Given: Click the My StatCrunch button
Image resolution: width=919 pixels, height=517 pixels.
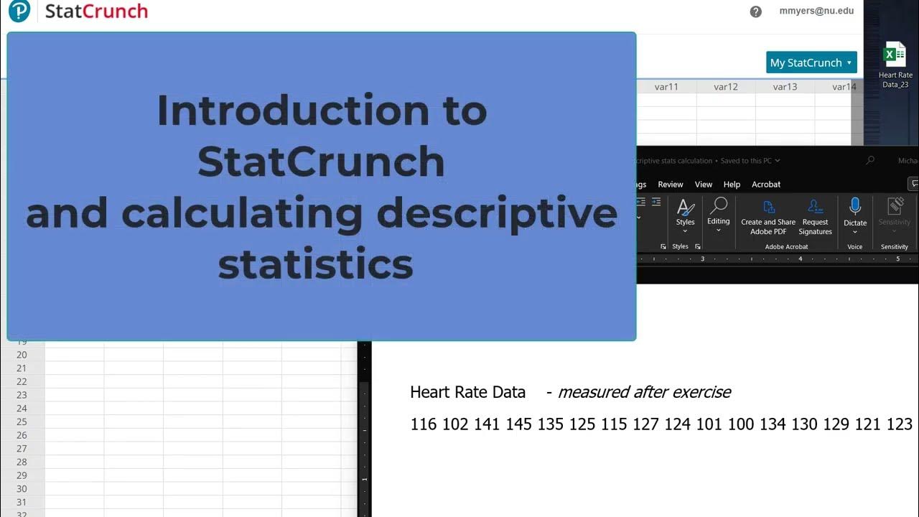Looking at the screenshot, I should (x=811, y=62).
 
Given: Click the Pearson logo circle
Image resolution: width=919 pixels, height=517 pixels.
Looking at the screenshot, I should (x=19, y=11).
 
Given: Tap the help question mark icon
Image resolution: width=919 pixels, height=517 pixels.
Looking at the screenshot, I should (x=755, y=11).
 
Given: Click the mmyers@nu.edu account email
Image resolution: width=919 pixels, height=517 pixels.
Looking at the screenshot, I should (x=816, y=11).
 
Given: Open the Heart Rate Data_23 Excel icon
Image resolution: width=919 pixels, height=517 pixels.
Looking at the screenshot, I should (x=895, y=56).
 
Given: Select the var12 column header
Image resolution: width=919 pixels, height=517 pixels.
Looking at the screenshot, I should (x=726, y=87).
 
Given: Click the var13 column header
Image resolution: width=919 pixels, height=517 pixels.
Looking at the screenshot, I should (x=785, y=87).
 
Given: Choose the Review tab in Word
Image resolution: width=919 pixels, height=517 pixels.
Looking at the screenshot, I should (x=671, y=185).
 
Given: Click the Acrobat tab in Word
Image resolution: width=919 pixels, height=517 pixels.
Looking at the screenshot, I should (x=766, y=185).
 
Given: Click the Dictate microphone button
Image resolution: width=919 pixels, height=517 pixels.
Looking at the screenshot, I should (x=854, y=213).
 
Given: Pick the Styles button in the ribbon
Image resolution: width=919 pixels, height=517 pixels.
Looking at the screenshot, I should (x=685, y=213).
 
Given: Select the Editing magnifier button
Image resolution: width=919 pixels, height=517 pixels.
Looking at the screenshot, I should (x=718, y=213).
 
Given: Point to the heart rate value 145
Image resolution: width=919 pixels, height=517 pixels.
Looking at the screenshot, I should (x=518, y=424).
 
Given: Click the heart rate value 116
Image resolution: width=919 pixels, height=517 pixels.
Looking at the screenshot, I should (x=424, y=424).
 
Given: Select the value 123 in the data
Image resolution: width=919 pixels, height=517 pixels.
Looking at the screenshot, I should (x=899, y=424).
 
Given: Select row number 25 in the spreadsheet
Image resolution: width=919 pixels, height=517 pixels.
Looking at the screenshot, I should (x=22, y=421).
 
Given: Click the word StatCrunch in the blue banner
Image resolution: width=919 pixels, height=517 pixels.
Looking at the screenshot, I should (x=321, y=162).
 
